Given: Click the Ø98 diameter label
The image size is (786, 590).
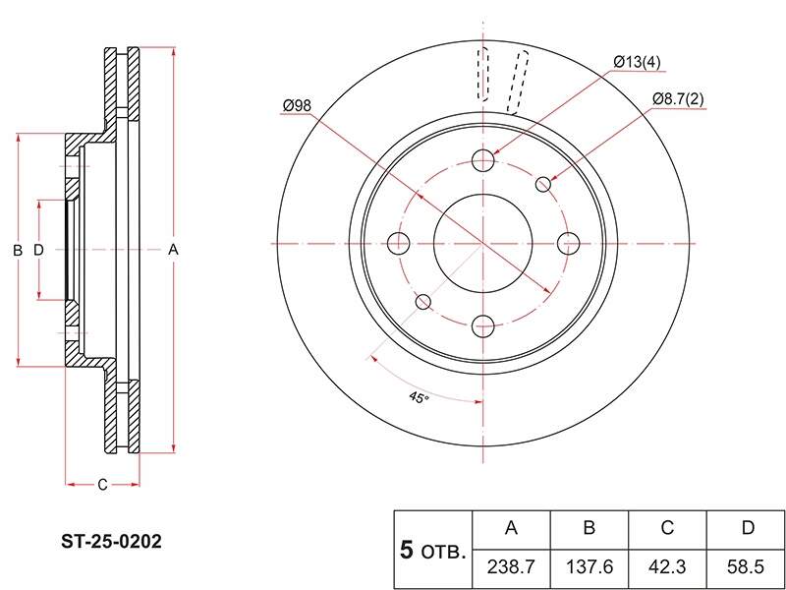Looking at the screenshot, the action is point(297,105).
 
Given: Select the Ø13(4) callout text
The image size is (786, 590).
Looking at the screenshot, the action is point(637,62).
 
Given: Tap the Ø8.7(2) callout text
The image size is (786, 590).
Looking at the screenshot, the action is point(678,99).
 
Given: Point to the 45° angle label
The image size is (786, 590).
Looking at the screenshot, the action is point(419,397).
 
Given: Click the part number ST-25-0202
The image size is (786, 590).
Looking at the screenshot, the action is point(111,542).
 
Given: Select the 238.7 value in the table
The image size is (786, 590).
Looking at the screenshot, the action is point(511,567).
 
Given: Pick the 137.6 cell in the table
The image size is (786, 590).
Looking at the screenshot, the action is point(589,567).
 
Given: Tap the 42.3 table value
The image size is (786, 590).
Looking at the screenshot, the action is point(667,567).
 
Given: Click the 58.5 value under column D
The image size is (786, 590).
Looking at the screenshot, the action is point(746,567).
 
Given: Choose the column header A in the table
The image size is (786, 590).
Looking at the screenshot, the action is point(511,528).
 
